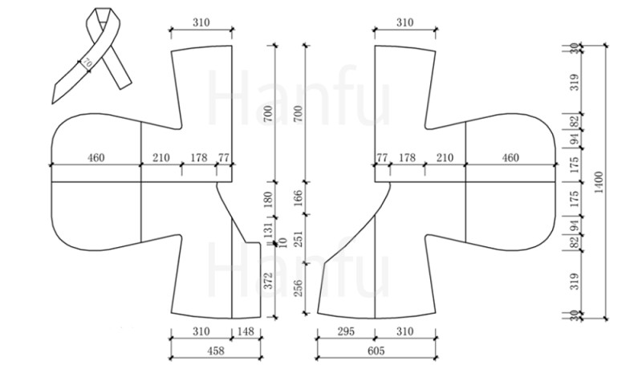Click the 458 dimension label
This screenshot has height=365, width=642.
216,351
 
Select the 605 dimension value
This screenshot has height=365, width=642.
376,351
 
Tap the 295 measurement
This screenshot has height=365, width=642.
346,331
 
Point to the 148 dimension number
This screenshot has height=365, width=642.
246,331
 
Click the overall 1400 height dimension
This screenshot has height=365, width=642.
599,182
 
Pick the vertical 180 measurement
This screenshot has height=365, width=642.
268,199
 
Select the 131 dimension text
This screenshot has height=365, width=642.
268,230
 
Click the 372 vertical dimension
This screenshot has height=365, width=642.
268,281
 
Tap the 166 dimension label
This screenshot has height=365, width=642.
298,197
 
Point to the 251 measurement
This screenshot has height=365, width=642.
298,239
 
